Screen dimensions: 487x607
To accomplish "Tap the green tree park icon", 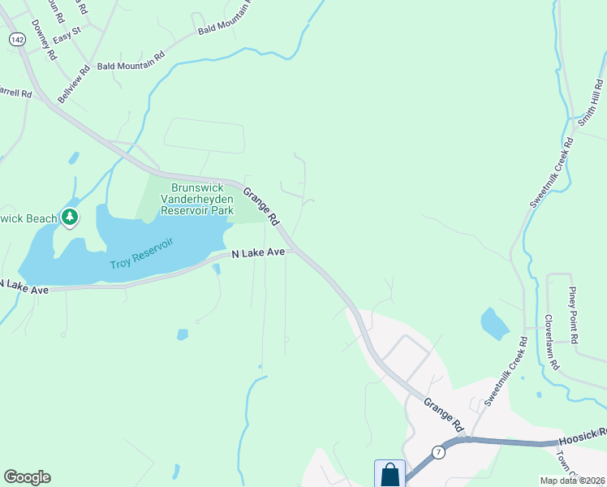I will tap(71, 218).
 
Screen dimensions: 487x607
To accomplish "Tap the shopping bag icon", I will tap(390, 474).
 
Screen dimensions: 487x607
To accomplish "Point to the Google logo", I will tap(27, 477).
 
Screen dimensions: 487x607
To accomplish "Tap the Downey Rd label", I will tap(44, 40).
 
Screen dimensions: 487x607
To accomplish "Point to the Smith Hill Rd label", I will tap(589, 103).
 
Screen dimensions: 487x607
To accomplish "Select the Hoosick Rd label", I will tap(583, 439).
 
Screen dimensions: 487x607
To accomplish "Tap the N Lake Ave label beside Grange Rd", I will tap(258, 253).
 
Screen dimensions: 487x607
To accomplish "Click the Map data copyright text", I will tap(572, 481).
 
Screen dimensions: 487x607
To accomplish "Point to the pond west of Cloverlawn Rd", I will tap(494, 323).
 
